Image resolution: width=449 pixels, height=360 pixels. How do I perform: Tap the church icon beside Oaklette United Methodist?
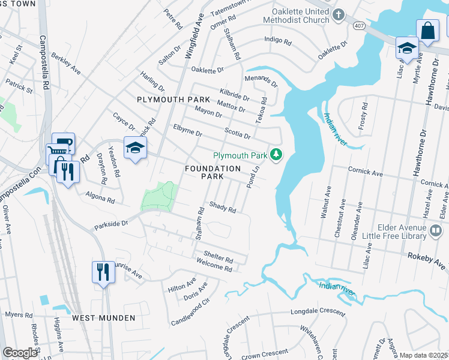339,15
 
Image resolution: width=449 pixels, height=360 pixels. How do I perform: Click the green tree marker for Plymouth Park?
276,155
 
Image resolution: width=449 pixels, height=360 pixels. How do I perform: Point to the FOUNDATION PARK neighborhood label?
212,173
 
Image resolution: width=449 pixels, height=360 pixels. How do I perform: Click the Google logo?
20,353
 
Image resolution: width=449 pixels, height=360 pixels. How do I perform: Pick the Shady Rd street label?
222,207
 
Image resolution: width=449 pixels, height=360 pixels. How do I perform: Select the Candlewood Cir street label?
191,310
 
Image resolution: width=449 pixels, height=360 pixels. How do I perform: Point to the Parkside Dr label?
111,224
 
